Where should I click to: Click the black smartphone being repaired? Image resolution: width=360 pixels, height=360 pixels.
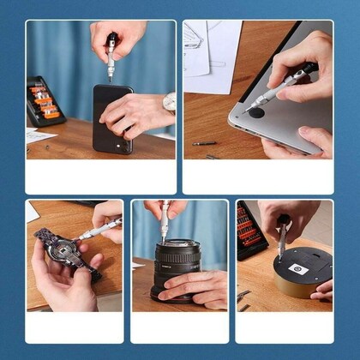coord(114,119)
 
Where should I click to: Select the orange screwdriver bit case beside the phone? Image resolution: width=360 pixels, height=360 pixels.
coord(44,101)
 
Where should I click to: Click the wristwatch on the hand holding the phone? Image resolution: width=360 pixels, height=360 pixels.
coord(169,103)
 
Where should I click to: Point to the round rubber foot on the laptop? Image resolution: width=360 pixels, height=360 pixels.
coord(256,110)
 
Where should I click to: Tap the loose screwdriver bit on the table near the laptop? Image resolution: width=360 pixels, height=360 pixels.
coord(204,143)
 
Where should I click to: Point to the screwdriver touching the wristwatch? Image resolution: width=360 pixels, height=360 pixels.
coord(99,229)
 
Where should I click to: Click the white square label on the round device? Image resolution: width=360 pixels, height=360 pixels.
coord(297,268)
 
